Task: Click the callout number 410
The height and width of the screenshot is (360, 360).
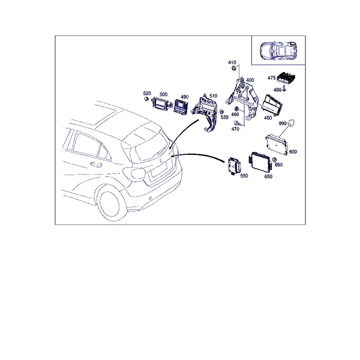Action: point(232,62)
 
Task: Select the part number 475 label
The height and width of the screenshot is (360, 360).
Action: point(271,78)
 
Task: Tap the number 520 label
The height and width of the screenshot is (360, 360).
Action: point(147,93)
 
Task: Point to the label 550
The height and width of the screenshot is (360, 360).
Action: point(244,176)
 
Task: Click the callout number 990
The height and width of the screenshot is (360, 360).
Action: point(283,124)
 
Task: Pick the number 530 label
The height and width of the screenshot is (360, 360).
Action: point(224,118)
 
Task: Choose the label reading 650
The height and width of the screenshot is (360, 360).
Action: point(268,176)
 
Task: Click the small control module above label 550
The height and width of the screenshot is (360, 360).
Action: point(234,166)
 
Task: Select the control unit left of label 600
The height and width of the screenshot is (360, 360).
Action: point(276,144)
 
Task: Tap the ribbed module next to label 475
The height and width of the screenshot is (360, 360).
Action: point(286,77)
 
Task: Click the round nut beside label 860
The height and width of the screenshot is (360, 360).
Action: point(274,160)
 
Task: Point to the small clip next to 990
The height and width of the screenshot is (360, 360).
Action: point(292,123)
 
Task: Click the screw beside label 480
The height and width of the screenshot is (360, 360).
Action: point(284,88)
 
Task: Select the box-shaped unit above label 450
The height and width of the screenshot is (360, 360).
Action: point(272,105)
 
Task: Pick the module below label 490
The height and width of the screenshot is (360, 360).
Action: point(181,106)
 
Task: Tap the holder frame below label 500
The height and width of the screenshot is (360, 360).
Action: point(162,104)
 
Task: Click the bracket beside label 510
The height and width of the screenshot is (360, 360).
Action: point(205,113)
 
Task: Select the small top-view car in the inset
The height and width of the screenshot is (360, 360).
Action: point(278,50)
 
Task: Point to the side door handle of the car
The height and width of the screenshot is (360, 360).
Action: point(96,164)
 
